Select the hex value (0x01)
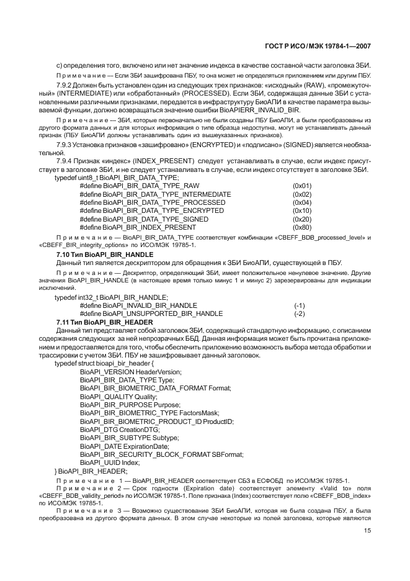point(302,186)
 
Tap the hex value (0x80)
point(302,227)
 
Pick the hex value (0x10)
point(302,211)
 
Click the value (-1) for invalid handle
point(300,305)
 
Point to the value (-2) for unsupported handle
point(300,313)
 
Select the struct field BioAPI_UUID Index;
point(110,462)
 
